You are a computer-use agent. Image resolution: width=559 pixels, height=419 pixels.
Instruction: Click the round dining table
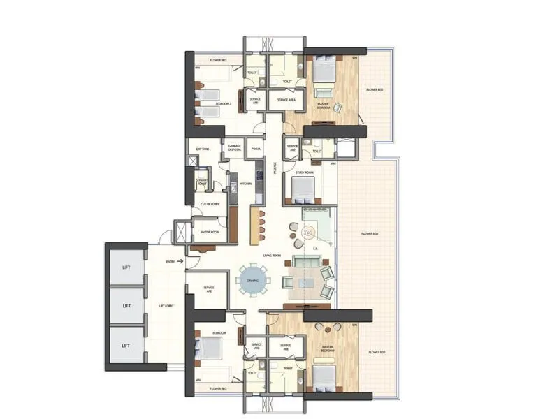[252, 281]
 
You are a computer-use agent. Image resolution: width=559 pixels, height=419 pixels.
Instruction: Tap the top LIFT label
[126, 267]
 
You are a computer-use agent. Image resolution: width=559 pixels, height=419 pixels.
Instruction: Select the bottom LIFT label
[126, 345]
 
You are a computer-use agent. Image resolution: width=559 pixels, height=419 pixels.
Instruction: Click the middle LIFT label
[126, 306]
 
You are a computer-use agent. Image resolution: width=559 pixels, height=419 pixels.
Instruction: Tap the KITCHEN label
[246, 184]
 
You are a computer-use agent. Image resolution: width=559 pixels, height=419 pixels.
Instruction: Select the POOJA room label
[256, 149]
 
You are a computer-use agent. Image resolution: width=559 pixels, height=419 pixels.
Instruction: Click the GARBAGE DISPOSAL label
[235, 148]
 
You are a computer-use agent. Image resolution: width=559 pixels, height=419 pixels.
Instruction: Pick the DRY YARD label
[203, 149]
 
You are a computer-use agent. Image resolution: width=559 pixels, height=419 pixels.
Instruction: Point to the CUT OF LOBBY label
[210, 204]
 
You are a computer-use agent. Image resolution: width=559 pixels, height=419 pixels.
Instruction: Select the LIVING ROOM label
[272, 256]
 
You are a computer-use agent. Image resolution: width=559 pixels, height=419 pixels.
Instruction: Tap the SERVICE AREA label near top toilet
[287, 101]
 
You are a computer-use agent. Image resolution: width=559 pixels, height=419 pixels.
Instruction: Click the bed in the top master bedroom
[322, 70]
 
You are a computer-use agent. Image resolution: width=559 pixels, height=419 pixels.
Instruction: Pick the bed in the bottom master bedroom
[322, 378]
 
